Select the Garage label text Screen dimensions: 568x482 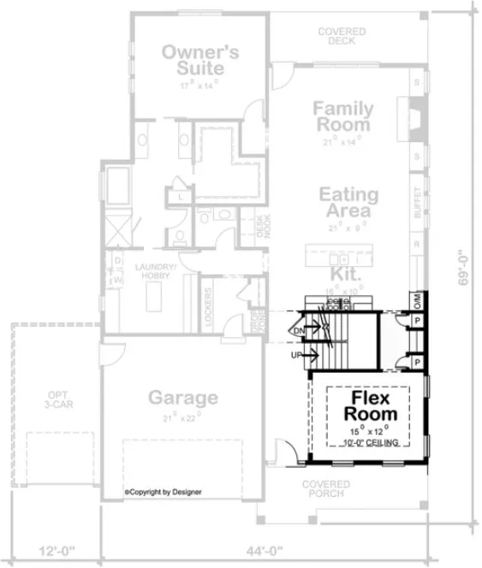tap(182, 398)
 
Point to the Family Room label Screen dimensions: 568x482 tap(342, 116)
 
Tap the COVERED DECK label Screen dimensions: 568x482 tap(342, 37)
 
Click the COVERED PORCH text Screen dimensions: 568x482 tap(324, 488)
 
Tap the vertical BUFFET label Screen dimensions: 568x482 tap(417, 203)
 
